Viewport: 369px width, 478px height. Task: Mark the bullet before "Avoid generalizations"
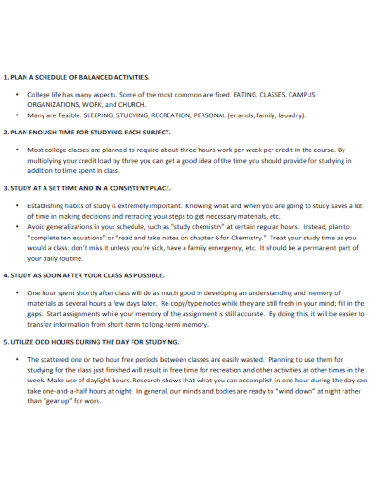(18, 227)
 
